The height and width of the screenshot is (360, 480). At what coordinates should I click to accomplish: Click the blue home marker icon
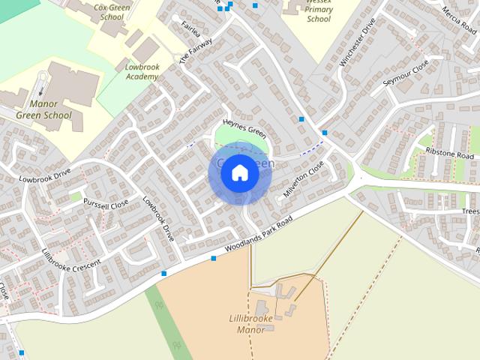pyautogui.click(x=239, y=173)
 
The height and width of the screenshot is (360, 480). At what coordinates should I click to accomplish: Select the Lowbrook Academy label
pyautogui.click(x=142, y=71)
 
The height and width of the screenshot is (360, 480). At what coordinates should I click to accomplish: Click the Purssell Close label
pyautogui.click(x=106, y=203)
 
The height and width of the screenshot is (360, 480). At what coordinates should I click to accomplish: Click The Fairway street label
pyautogui.click(x=196, y=49)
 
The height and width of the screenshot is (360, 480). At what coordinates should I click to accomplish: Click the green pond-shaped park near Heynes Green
pyautogui.click(x=238, y=136)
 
